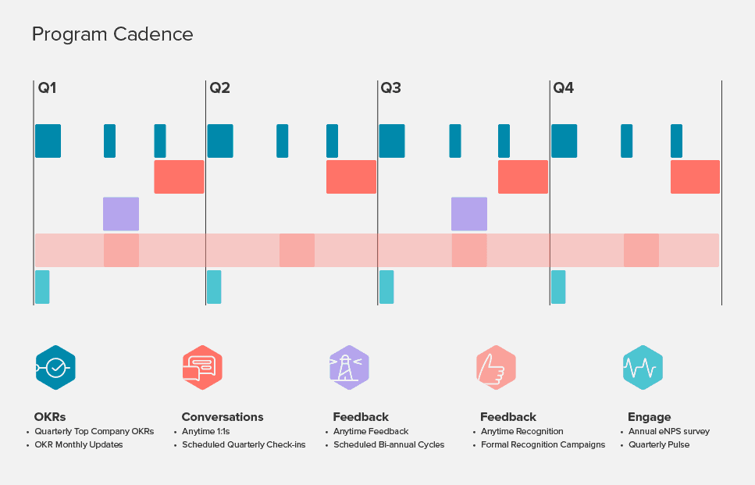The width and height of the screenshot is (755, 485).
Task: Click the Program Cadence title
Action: pos(112,34)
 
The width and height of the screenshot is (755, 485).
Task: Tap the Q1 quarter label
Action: pos(47,88)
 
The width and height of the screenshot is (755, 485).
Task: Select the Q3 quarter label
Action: pos(390,88)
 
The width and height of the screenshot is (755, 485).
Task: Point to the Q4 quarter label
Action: pos(563,88)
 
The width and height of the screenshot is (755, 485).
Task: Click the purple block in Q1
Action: pos(121,214)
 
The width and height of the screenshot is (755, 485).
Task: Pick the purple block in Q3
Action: pos(469,214)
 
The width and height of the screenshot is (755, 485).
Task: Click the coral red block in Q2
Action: pos(351,177)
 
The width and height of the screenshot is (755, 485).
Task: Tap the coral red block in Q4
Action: pos(695,177)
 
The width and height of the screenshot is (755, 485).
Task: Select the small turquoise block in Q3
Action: pos(386,287)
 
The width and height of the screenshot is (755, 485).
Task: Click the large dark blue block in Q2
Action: pos(220,141)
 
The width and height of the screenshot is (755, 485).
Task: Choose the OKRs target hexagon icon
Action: pos(55,367)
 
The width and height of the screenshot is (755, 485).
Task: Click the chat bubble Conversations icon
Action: pos(202,367)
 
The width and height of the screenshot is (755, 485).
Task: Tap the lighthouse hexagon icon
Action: pos(349,367)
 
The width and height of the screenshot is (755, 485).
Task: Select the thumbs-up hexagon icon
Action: pos(496,367)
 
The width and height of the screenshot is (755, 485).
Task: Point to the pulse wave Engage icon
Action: pos(643,367)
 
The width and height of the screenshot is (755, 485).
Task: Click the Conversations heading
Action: pos(223,417)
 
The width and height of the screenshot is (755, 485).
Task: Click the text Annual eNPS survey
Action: pos(669,431)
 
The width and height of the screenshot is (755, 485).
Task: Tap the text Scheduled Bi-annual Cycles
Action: pos(389,445)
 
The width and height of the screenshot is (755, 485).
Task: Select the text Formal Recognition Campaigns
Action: pos(543,445)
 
